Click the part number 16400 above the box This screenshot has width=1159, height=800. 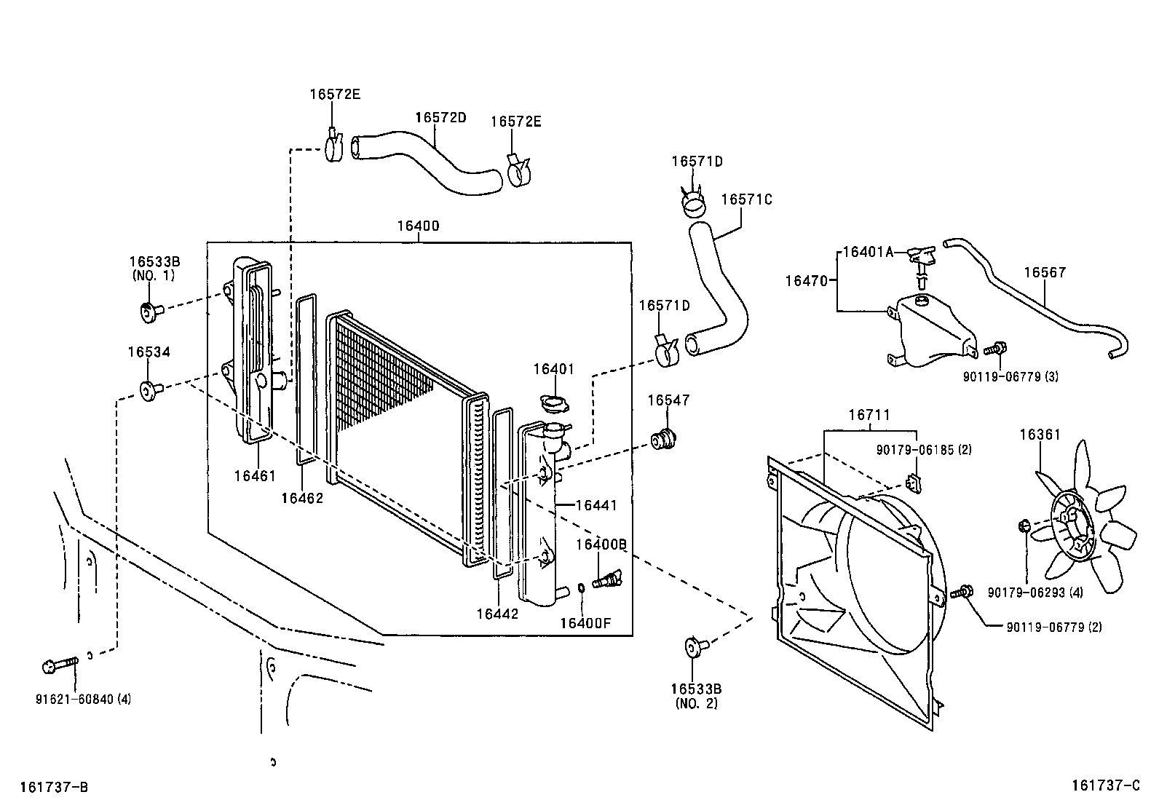418,226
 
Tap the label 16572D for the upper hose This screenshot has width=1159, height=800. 440,117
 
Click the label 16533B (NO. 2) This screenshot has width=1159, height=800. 696,695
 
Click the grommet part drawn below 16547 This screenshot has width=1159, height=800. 663,440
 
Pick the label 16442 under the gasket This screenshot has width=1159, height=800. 497,614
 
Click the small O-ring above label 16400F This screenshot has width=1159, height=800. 581,588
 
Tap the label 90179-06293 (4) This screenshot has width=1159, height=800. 1035,593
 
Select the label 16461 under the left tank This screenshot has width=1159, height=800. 255,476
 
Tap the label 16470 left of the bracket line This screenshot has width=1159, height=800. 807,280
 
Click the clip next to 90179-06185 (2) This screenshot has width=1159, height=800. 914,482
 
